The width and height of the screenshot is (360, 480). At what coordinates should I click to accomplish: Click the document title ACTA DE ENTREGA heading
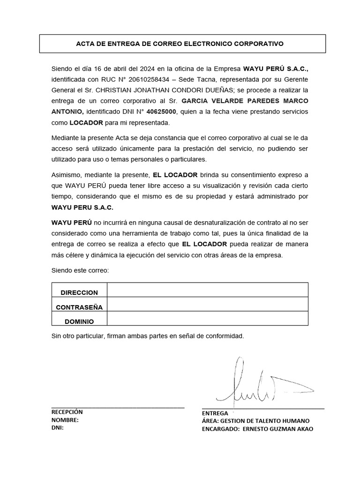point(180,44)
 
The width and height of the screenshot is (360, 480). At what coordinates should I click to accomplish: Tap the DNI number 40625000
point(161,112)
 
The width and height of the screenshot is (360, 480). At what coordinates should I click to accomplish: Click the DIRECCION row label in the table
point(79,292)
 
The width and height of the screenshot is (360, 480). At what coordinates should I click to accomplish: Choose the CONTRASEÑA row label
point(79,307)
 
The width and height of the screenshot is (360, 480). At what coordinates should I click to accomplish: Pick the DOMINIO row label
point(79,322)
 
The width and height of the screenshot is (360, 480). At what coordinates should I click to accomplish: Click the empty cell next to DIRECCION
point(207,290)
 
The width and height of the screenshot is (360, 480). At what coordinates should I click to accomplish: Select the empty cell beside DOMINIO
point(207,318)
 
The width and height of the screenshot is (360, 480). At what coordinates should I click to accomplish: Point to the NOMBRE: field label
point(65,420)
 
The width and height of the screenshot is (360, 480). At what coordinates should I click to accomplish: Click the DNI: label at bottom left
point(58,428)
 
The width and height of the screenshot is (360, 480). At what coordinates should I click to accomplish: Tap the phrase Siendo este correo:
point(80,270)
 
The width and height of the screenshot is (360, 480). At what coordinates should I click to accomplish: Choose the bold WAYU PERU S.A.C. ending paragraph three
point(82,207)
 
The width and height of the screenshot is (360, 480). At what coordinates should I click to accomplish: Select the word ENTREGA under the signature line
point(215,413)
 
